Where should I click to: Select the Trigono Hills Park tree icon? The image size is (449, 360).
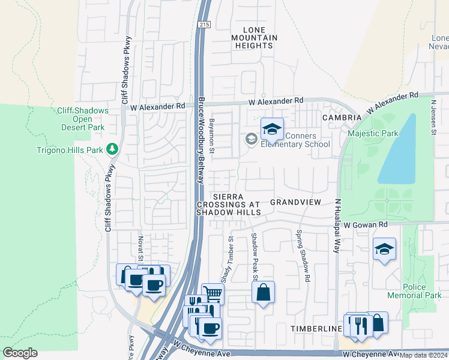pyautogui.click(x=112, y=149)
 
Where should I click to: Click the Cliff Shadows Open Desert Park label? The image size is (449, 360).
pyautogui.click(x=83, y=119)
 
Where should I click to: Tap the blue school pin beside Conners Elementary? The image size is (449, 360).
pyautogui.click(x=272, y=129)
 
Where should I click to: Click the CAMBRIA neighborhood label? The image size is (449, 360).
pyautogui.click(x=342, y=118)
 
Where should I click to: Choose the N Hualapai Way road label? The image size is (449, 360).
pyautogui.click(x=337, y=226)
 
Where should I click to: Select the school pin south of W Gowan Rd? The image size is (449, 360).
pyautogui.click(x=384, y=249)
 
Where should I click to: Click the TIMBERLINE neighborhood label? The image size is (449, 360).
pyautogui.click(x=312, y=329)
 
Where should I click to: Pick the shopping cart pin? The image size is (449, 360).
pyautogui.click(x=212, y=293)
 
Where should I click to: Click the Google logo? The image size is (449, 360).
pyautogui.click(x=20, y=353)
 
